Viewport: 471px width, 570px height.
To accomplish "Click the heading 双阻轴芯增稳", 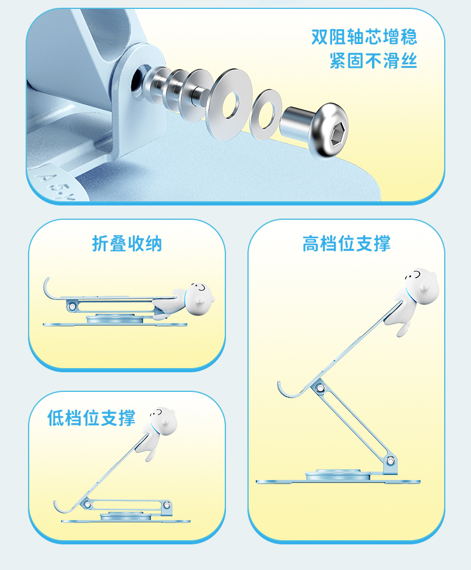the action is click(x=364, y=37).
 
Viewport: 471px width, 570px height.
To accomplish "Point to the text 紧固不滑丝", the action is click(x=373, y=60).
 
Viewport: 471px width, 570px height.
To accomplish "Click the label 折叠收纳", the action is click(x=126, y=244).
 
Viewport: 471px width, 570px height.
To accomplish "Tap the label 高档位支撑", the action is click(x=346, y=244).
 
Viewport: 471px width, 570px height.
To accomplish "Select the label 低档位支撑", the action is click(x=91, y=418).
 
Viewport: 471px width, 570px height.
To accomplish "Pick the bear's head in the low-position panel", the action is click(x=163, y=422).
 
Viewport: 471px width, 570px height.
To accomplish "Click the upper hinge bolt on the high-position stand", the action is click(x=320, y=388).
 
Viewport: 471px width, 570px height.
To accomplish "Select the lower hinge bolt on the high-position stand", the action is click(x=390, y=461).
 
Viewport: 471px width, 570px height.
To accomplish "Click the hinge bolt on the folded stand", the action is click(x=72, y=307).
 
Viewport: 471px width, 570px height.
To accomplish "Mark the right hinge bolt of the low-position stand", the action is click(x=167, y=505).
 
